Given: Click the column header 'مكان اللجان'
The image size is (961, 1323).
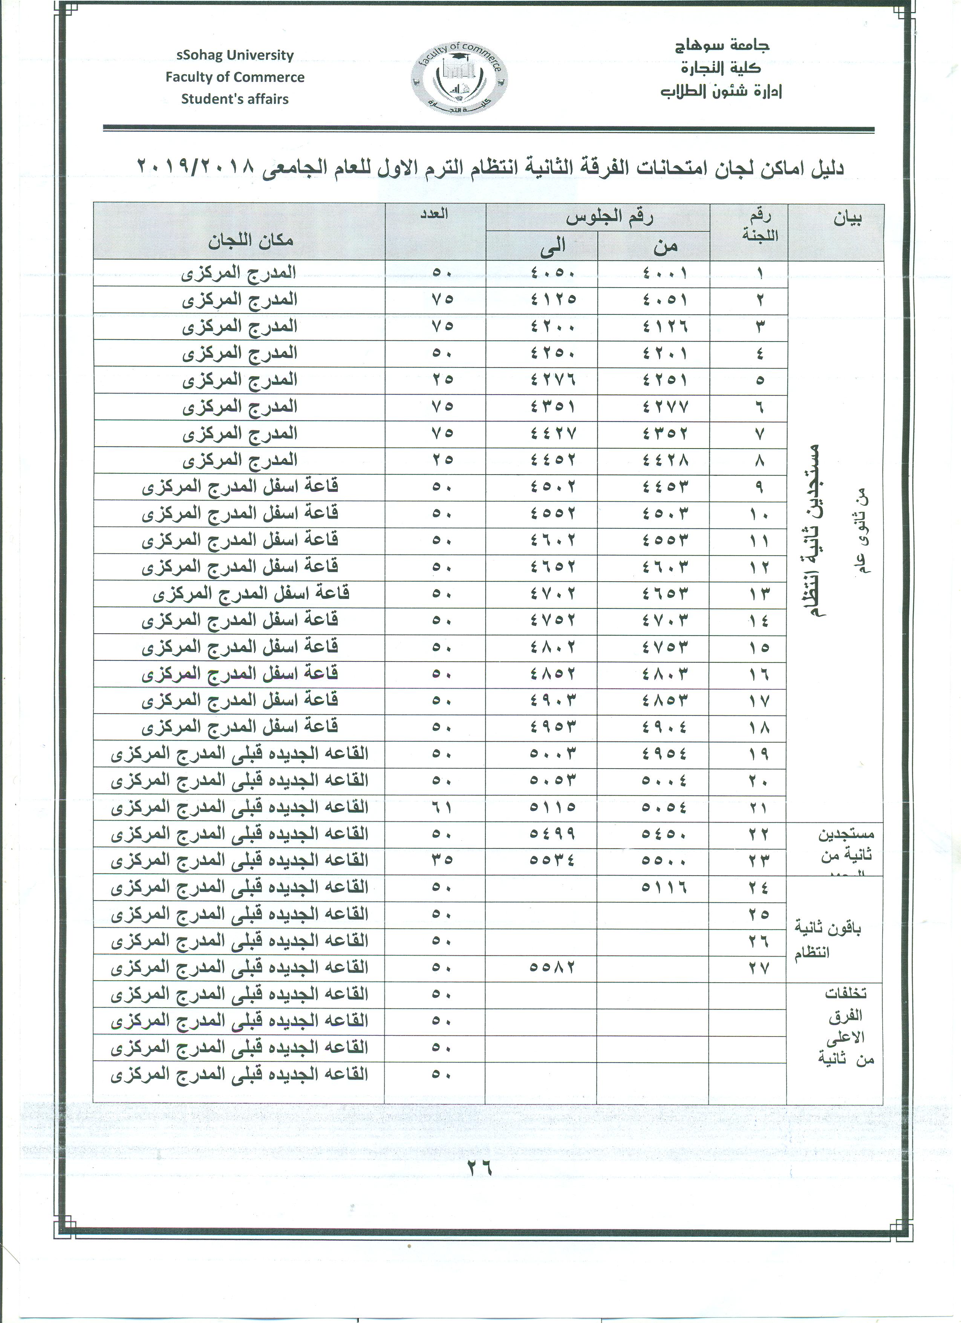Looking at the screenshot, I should click(x=251, y=240).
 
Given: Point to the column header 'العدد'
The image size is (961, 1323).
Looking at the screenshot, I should click(x=435, y=213).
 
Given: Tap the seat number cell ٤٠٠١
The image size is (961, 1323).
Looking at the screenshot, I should click(x=665, y=273).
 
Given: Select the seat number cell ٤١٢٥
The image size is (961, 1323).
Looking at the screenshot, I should click(x=553, y=299).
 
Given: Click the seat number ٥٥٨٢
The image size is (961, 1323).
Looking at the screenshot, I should click(x=553, y=966).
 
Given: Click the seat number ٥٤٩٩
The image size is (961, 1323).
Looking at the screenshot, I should click(x=553, y=834).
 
